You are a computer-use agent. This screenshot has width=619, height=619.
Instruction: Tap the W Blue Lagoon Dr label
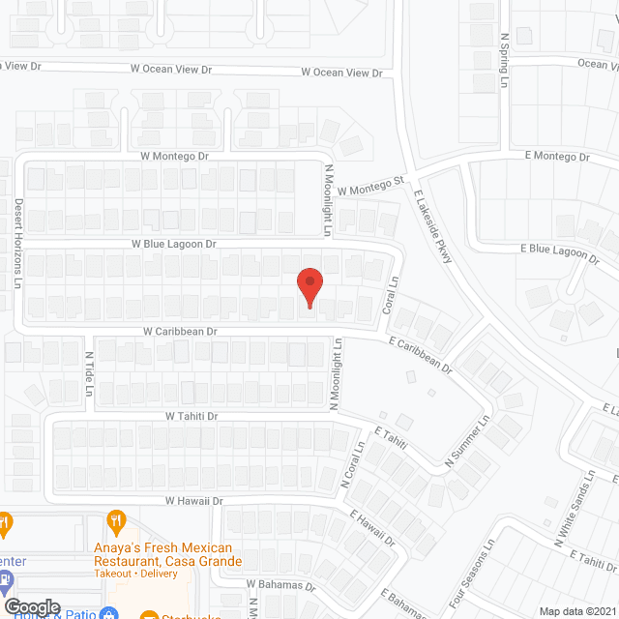pos(167,245)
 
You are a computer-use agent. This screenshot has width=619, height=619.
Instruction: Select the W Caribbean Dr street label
pos(179,331)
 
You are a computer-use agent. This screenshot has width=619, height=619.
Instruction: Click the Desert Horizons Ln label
pos(18,245)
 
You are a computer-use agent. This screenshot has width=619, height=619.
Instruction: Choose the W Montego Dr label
pos(175,156)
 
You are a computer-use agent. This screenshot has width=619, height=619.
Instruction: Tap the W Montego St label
pos(370,184)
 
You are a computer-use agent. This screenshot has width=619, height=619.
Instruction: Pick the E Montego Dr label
pos(556,157)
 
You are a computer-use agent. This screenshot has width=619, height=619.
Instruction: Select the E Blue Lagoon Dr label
pos(560,251)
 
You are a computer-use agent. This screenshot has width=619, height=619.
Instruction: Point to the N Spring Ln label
pos(504,60)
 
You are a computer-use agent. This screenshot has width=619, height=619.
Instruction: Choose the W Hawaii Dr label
pos(193,501)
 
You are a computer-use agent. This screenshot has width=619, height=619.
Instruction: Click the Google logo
pos(31,607)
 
